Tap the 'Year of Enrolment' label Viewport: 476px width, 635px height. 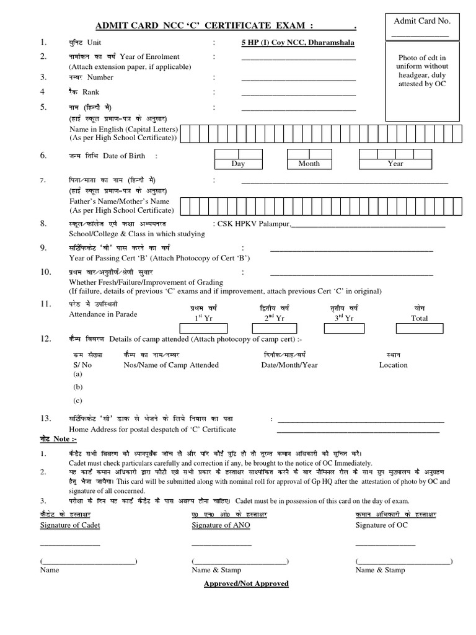pos(151,57)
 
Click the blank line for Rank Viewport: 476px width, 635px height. pos(298,95)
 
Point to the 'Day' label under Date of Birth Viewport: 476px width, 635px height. pos(238,164)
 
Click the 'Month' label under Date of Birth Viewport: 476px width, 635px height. pos(309,164)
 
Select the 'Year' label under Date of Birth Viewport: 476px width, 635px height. pos(395,164)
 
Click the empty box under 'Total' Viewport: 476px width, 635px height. pos(420,329)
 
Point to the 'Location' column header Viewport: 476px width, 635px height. pos(394,365)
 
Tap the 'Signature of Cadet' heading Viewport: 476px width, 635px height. pos(70,525)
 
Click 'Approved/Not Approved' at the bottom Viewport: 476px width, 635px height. pos(246,584)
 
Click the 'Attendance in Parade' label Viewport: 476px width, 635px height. pos(103,314)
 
